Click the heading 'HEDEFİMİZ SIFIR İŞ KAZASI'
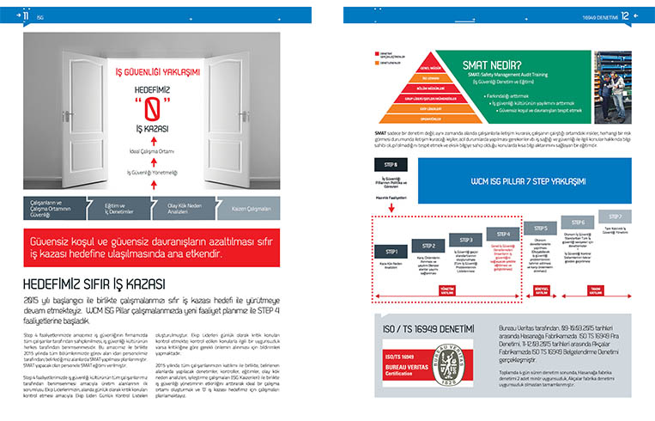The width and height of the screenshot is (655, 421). [x=94, y=284]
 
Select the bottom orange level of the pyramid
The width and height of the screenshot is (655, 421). [x=410, y=116]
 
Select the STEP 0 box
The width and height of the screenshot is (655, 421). [x=390, y=163]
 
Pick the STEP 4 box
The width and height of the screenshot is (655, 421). [x=504, y=233]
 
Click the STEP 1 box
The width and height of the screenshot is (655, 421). [x=391, y=251]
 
